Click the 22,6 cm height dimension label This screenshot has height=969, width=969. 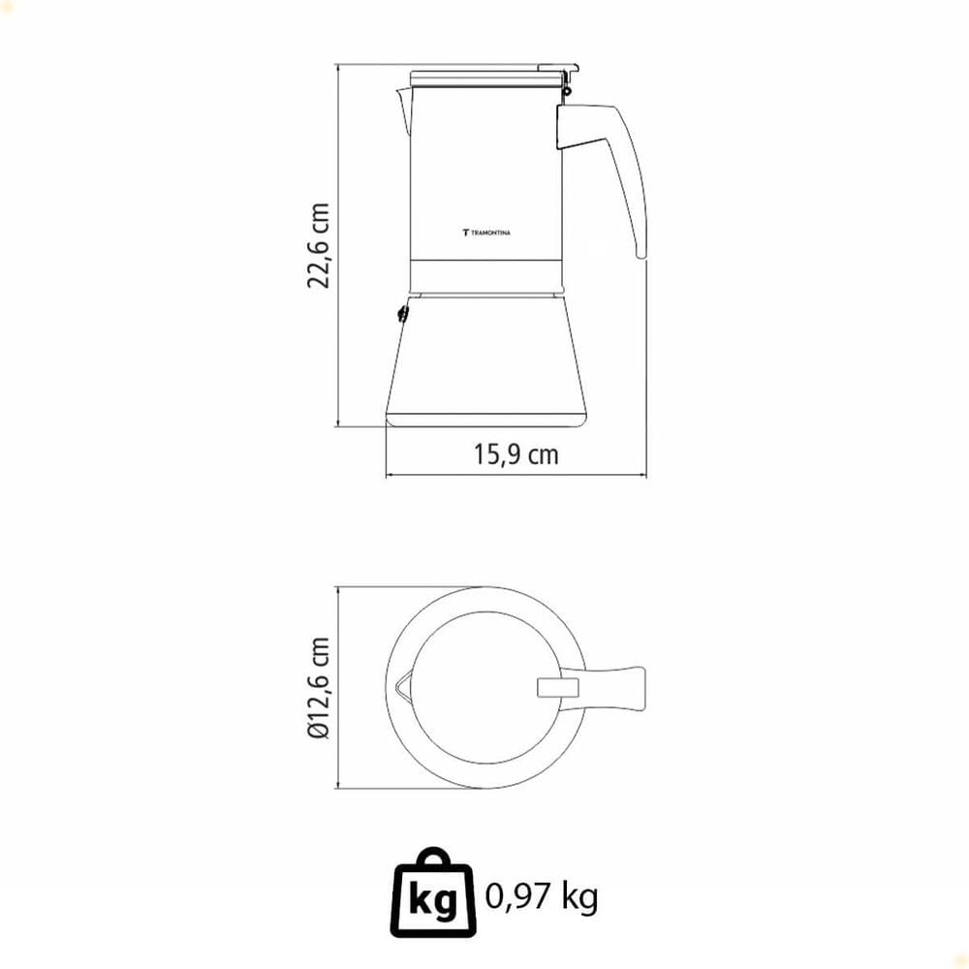coord(319,245)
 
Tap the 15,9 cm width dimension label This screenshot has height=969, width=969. coord(516,454)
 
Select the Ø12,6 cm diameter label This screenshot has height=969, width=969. coord(319,687)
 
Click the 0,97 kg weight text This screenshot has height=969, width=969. coord(542,895)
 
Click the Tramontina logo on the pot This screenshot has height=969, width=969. coord(486,233)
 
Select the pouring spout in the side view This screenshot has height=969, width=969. coord(403,111)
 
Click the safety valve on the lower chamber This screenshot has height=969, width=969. coord(402,314)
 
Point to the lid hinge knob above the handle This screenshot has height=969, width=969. coord(566,91)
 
